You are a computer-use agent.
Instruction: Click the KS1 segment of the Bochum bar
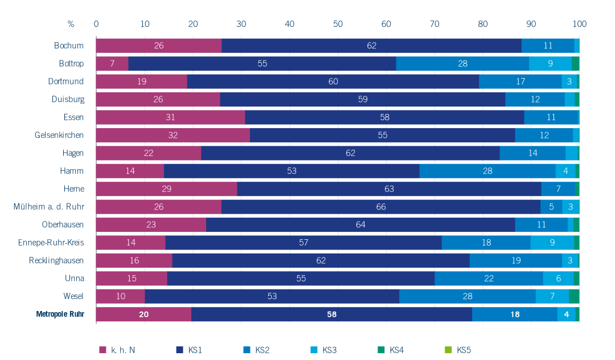coord(371,46)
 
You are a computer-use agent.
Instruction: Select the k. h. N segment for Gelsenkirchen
coord(173,135)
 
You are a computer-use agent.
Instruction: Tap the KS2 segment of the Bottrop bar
coord(462,64)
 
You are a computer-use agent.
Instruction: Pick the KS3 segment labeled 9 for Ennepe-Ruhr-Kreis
coord(552,243)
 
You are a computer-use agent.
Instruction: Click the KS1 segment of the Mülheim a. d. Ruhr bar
coord(381,207)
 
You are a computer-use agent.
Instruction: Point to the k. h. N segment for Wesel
coord(121,296)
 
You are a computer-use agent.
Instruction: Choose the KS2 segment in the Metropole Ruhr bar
coord(515,314)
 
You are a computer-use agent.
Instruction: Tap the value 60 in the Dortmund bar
coord(333,81)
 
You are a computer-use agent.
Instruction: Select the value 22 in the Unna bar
coord(489,279)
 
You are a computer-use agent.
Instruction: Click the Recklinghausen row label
coord(56,260)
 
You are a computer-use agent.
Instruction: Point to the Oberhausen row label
coord(63,224)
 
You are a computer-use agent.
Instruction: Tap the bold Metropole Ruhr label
coord(60,314)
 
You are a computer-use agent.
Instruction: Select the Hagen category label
coord(73,153)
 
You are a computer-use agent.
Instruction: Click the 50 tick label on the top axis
coord(338,24)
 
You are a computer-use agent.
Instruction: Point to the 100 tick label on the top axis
coord(579,24)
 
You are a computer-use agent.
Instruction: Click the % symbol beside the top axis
coord(71,24)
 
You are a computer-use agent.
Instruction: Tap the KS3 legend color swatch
coord(314,350)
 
